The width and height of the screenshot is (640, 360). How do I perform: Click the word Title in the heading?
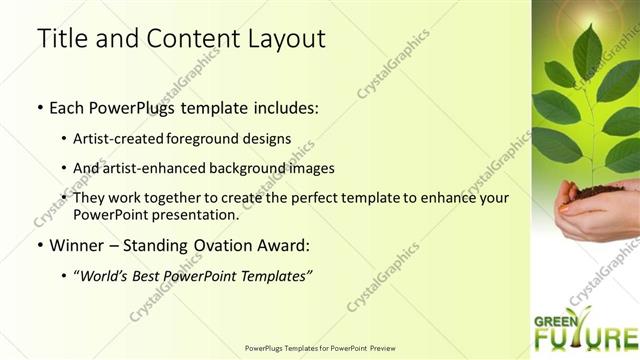coord(61,39)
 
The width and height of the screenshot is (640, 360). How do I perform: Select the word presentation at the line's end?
coord(194,214)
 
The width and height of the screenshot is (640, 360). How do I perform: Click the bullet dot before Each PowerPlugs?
coord(39,107)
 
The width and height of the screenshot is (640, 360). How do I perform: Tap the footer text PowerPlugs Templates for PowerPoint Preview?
coord(320,348)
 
